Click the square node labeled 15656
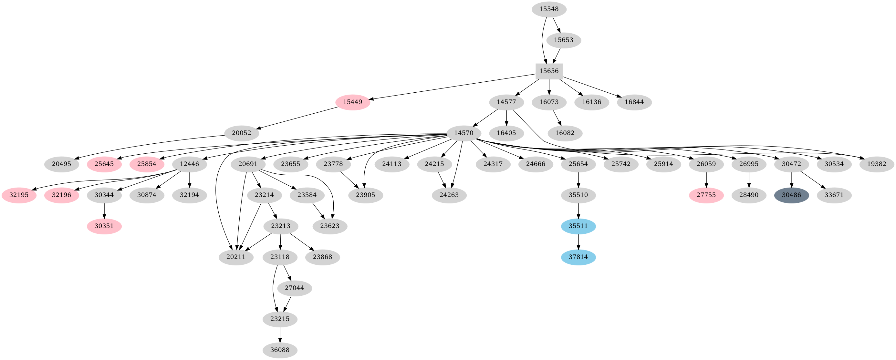[x=549, y=71]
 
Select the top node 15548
[x=549, y=9]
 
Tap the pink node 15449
[x=352, y=102]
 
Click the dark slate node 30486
[x=791, y=195]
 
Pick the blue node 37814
[x=578, y=257]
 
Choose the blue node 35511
[x=578, y=226]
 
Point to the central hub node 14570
[x=464, y=133]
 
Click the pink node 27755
[x=706, y=195]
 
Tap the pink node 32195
[x=19, y=195]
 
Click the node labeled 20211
[x=236, y=257]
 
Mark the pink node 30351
[x=104, y=226]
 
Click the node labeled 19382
[x=877, y=164]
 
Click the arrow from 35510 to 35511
[x=578, y=211]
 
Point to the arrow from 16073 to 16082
[x=557, y=118]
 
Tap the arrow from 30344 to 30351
[x=104, y=211]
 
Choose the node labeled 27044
[x=294, y=288]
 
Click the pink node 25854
[x=146, y=164]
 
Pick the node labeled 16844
[x=634, y=102]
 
